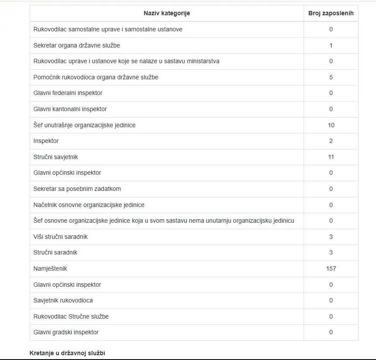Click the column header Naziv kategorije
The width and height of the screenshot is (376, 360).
167,13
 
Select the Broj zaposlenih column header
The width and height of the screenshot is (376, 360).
331,13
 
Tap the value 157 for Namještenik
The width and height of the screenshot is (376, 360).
331,268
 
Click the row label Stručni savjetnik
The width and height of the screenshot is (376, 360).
56,157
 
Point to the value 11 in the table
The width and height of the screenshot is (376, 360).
331,157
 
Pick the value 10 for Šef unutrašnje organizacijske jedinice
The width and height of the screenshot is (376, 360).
331,125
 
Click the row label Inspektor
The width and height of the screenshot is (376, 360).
46,141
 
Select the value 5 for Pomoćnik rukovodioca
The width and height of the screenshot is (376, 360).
331,77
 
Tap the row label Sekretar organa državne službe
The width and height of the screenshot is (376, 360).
77,45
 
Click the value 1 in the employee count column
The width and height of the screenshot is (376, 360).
331,45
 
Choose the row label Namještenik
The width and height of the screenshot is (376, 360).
50,268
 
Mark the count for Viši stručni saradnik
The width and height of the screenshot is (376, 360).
331,237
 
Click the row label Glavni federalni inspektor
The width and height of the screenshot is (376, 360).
68,93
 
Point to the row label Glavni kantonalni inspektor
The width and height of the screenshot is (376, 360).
70,109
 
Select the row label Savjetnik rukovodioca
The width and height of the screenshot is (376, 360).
63,300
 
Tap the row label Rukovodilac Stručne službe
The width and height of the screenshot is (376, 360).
71,316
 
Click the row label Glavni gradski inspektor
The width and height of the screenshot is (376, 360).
66,332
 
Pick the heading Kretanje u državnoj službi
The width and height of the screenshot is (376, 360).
67,353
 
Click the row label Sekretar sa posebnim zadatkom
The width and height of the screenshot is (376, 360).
77,189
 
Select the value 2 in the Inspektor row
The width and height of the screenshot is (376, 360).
331,141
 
